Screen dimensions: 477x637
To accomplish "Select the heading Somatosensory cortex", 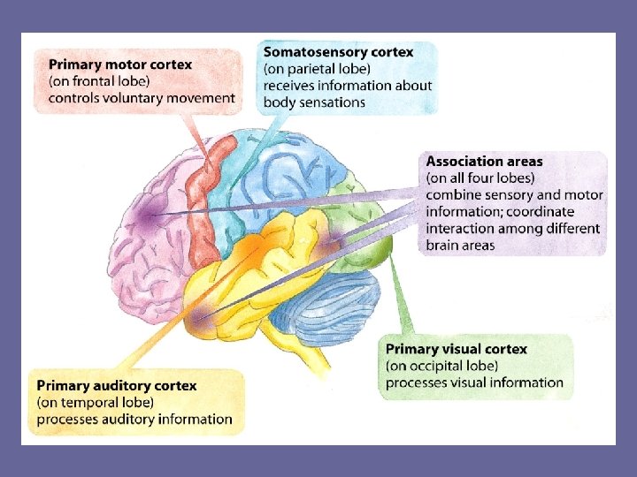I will pos(339,52).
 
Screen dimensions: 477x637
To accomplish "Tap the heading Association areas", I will pos(485,162).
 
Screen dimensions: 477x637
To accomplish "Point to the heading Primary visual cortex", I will pos(457,349).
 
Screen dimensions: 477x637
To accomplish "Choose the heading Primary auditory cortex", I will pos(117,386).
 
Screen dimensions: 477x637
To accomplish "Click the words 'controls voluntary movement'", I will pos(142,98).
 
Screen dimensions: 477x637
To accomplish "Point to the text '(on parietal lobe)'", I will pos(317,69).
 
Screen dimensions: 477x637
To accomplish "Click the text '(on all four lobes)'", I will pos(480,178).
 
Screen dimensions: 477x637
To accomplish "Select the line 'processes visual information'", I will pos(474,382).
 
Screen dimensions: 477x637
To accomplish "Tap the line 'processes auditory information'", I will pos(134,419).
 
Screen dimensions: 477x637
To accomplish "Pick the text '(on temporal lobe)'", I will pos(96,402).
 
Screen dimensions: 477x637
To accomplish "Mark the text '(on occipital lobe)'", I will pos(441,366).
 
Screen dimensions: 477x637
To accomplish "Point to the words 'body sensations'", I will pos(314,102).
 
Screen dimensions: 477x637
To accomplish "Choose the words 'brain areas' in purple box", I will pos(460,245).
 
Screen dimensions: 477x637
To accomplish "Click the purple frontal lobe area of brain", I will pos(146,221).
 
